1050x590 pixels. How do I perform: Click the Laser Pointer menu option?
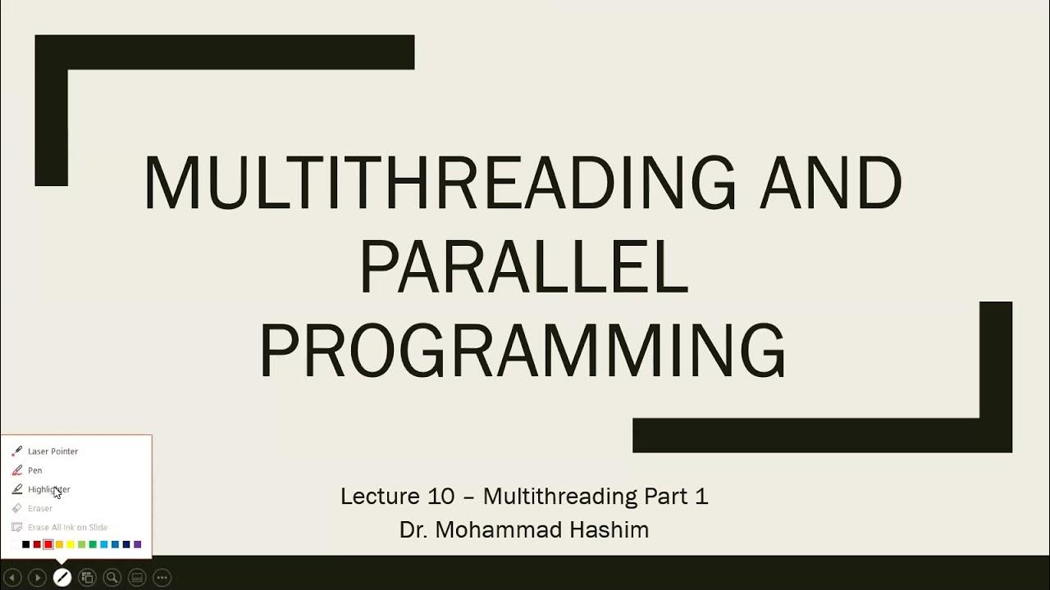click(x=52, y=452)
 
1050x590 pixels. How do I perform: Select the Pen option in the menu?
click(x=34, y=470)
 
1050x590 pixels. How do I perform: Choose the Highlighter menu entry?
click(x=48, y=489)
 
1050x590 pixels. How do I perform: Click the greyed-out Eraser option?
click(x=39, y=508)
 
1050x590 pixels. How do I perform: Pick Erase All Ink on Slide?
click(x=67, y=527)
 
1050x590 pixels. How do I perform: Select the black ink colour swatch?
click(x=25, y=544)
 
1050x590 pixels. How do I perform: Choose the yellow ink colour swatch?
click(x=71, y=544)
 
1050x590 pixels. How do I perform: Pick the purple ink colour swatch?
click(x=137, y=544)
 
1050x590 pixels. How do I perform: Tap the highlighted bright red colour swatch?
click(x=48, y=544)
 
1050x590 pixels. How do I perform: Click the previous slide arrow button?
click(x=11, y=578)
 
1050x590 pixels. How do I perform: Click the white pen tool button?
click(x=62, y=578)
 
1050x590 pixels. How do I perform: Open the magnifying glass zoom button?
click(x=112, y=578)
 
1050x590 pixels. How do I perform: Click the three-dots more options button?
click(x=162, y=578)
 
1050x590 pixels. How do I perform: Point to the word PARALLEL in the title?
click(x=523, y=269)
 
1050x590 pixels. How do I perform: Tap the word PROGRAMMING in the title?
click(x=523, y=351)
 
